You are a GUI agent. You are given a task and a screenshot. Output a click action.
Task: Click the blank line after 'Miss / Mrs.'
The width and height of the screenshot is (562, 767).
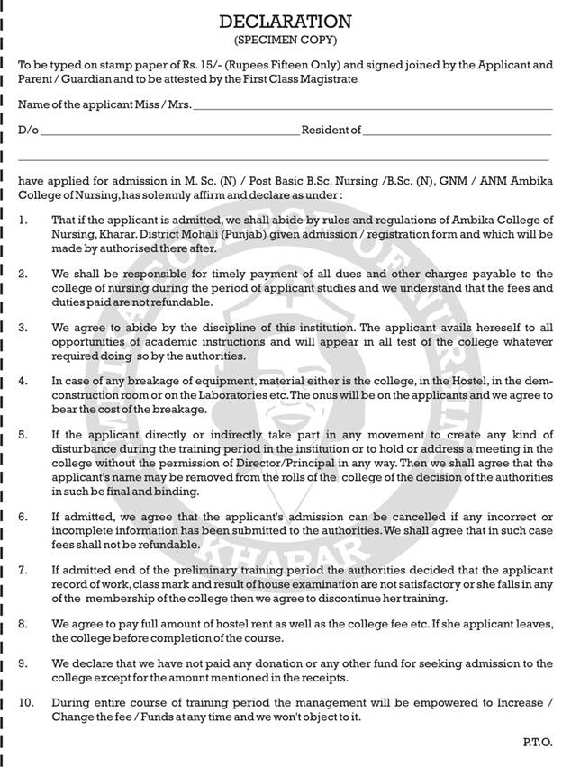tap(373, 108)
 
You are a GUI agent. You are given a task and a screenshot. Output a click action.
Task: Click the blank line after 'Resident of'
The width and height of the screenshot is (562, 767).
tap(458, 132)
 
